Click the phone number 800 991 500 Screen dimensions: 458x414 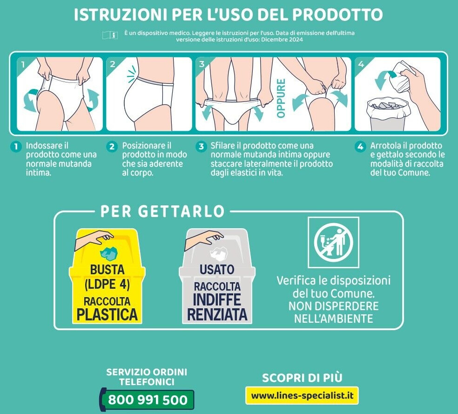click(148, 400)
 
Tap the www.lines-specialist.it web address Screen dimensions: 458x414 click(302, 395)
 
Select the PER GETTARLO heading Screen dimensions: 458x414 click(162, 211)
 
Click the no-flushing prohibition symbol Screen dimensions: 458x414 click(333, 242)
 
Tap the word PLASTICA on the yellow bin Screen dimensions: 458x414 click(107, 314)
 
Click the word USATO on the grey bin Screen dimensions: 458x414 click(217, 269)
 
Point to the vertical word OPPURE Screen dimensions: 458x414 click(281, 98)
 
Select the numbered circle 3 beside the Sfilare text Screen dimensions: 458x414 click(201, 146)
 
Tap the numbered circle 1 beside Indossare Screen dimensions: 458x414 click(16, 146)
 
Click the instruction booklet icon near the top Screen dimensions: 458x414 click(110, 35)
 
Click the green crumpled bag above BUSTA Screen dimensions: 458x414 click(109, 254)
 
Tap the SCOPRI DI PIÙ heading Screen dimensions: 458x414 click(302, 378)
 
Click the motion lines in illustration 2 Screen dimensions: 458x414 click(132, 72)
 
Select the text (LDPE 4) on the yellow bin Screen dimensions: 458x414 click(107, 284)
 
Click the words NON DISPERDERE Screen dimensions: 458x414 click(333, 306)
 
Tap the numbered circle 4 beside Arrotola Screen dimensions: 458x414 click(360, 146)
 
